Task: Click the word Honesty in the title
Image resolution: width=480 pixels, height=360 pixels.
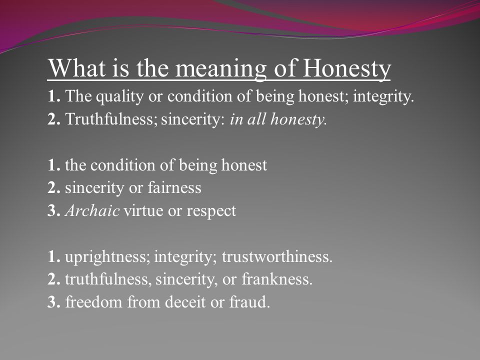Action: click(347, 68)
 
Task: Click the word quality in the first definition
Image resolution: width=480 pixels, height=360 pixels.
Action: click(119, 97)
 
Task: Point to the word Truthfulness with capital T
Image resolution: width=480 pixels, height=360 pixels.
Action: click(109, 119)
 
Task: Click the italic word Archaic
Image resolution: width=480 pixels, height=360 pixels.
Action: click(92, 210)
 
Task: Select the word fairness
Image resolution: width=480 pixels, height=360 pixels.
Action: click(174, 187)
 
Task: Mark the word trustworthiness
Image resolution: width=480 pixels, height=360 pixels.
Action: click(277, 256)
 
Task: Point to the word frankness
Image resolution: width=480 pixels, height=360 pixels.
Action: click(277, 279)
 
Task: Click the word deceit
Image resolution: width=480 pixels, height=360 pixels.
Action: click(185, 302)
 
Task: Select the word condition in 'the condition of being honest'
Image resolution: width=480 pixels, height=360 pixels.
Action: click(123, 165)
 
